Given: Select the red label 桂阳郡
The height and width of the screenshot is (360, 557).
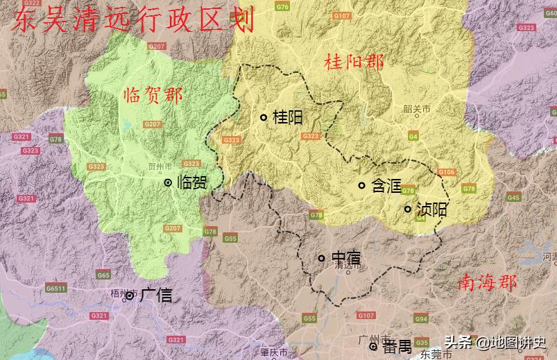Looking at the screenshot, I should click(x=354, y=62).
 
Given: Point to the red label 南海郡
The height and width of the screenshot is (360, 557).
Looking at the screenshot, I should click(x=487, y=283).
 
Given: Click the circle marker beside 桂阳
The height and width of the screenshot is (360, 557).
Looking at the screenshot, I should click(x=264, y=117).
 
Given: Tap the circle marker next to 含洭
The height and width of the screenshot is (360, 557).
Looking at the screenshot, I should click(x=361, y=185).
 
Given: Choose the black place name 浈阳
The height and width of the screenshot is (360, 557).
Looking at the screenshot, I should click(x=431, y=209).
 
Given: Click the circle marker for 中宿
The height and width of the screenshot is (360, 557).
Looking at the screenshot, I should click(x=321, y=258).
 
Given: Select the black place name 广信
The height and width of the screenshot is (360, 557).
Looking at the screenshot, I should click(x=155, y=295).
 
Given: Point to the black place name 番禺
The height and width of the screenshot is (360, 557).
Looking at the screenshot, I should click(x=398, y=345).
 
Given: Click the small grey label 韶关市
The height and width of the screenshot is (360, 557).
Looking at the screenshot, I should click(x=416, y=109).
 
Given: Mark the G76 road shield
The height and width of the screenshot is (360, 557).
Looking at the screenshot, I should click(x=282, y=7).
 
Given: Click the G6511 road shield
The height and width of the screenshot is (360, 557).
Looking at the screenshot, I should click(x=55, y=288).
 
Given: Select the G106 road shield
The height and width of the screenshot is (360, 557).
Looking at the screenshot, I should click(x=447, y=172).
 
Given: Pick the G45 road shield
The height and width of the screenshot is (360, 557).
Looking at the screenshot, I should click(x=513, y=198).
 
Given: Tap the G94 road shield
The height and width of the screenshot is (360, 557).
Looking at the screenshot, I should click(x=420, y=319).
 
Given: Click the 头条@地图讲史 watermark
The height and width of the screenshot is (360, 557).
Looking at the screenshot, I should click(x=495, y=342).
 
